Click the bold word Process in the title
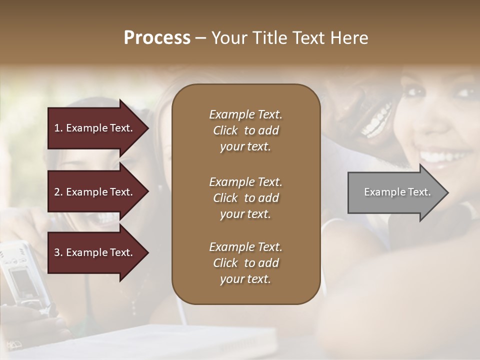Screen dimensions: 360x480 coord(157,38)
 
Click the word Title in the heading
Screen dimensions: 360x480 coord(270,38)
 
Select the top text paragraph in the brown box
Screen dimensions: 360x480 coord(245,130)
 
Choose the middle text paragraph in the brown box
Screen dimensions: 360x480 coord(245,198)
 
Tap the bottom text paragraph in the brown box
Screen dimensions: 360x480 coord(245,263)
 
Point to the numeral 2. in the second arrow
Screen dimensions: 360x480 coord(58,192)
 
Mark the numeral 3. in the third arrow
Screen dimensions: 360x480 coord(58,252)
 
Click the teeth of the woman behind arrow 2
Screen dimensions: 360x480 coord(106,217)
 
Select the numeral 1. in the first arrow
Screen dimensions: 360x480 coord(58,128)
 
